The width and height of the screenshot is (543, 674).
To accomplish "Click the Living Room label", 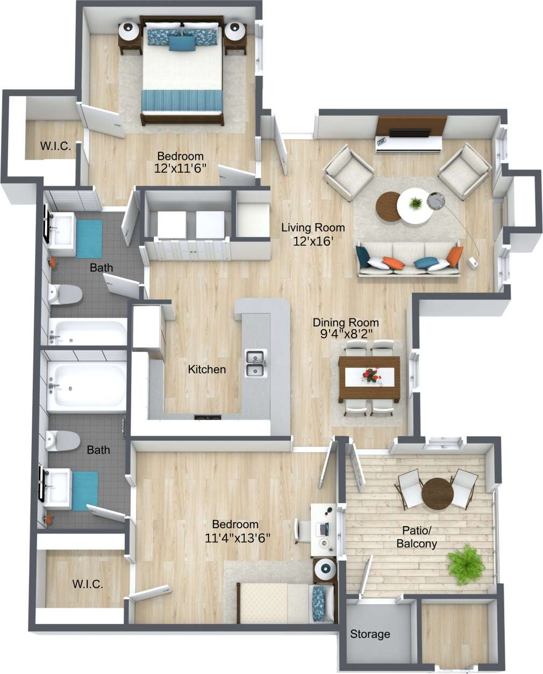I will pos(313,228).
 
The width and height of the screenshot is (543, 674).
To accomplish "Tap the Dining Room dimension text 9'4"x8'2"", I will pos(346,334).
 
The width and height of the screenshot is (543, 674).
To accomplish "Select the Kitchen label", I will pos(206,370).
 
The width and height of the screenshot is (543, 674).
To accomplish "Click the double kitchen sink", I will pos(255,363).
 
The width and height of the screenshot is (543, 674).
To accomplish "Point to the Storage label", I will pos(370,634).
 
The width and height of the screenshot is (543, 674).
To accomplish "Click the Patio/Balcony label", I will pos(416,538).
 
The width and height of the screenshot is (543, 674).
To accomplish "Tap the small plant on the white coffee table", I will pos(416,204).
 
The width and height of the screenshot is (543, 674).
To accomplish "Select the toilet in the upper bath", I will pos(65,294).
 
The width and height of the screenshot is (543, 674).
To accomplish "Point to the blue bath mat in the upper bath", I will pos(88,239).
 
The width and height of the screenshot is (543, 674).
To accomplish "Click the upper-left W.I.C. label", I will pos(55,146).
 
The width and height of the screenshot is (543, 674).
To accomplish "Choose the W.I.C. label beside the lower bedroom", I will pos(87,584).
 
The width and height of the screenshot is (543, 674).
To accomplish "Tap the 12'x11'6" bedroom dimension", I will pos(180,168).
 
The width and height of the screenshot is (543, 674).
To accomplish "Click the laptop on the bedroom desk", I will pos(323,529).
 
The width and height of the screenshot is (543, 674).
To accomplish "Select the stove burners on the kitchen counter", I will pos(208,417).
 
